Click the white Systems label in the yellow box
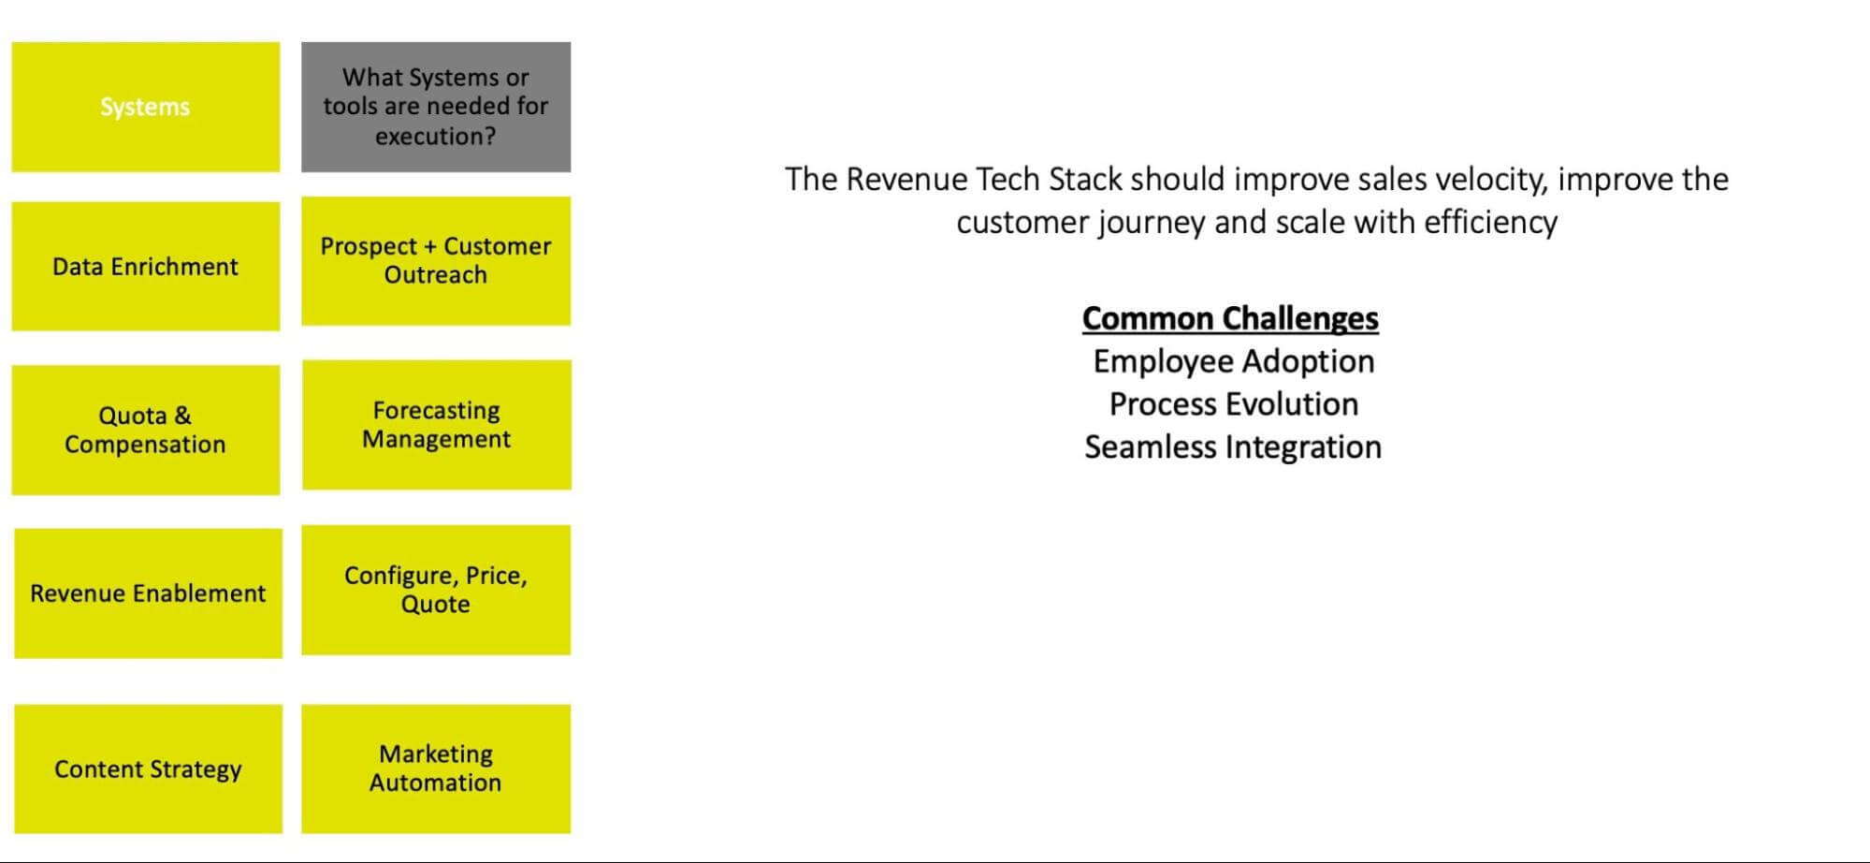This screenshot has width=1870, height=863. point(145,107)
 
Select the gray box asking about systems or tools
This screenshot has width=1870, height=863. point(435,107)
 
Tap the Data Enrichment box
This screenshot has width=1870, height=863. point(145,267)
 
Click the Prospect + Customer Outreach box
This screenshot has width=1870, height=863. point(435,260)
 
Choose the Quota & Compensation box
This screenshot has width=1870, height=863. point(145,430)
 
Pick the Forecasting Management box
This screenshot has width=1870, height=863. point(436,425)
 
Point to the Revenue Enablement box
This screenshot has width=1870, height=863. point(148,593)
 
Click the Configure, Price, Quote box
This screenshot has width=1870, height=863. point(435,590)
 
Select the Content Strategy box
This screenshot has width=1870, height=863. point(148,769)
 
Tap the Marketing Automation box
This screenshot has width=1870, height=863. point(435,768)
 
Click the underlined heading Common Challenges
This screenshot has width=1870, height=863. point(1230,318)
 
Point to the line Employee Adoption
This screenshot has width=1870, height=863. point(1233,361)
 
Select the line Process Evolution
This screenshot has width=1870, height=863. point(1233,404)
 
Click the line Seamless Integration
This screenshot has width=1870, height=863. point(1233,447)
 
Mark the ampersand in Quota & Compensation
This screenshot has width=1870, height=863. point(182,416)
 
